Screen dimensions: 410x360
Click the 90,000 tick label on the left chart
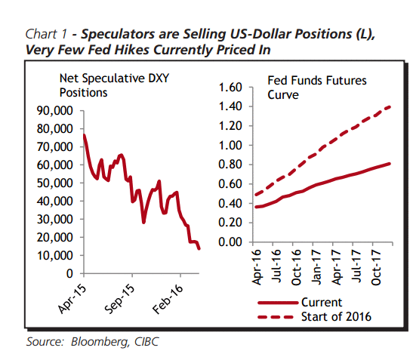pyautogui.click(x=55, y=111)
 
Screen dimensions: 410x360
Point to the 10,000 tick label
pyautogui.click(x=55, y=255)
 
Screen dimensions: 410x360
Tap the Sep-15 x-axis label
pyautogui.click(x=120, y=299)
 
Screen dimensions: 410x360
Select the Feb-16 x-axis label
pyautogui.click(x=168, y=299)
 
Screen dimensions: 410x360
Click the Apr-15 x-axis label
pyautogui.click(x=72, y=299)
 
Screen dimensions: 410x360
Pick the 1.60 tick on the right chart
pyautogui.click(x=230, y=88)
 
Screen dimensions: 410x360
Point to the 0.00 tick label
pyautogui.click(x=230, y=242)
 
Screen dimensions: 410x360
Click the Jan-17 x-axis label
pyautogui.click(x=316, y=266)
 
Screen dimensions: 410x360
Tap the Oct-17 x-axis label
pyautogui.click(x=376, y=267)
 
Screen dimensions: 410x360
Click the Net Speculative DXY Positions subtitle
pyautogui.click(x=114, y=85)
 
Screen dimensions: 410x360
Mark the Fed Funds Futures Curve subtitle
pyautogui.click(x=317, y=88)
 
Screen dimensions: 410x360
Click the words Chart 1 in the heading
pyautogui.click(x=46, y=34)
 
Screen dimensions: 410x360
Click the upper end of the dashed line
pyautogui.click(x=390, y=106)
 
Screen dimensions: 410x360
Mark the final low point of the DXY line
pyautogui.click(x=199, y=249)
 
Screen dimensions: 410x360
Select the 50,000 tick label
pyautogui.click(x=55, y=183)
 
